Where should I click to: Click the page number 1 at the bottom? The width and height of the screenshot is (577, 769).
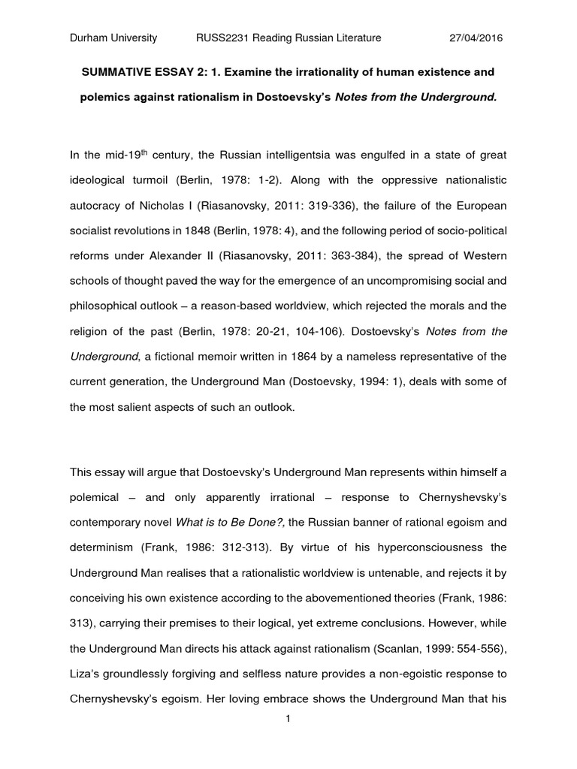288,719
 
